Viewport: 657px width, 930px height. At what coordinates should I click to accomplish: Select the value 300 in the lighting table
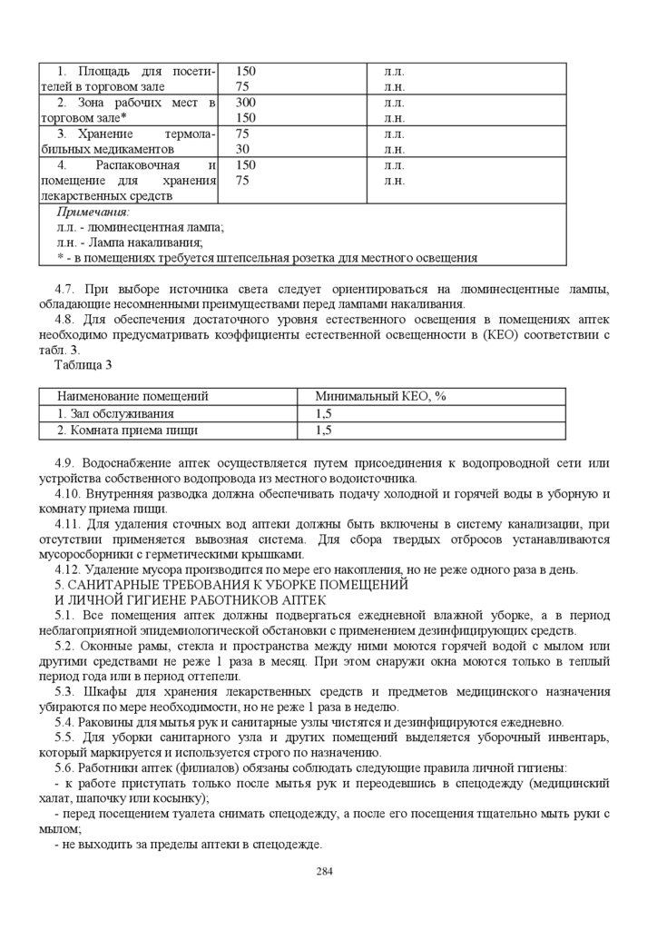click(x=246, y=103)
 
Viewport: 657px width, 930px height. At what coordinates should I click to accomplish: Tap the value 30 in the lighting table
click(x=242, y=149)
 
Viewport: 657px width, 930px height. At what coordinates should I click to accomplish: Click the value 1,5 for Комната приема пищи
click(x=324, y=430)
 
